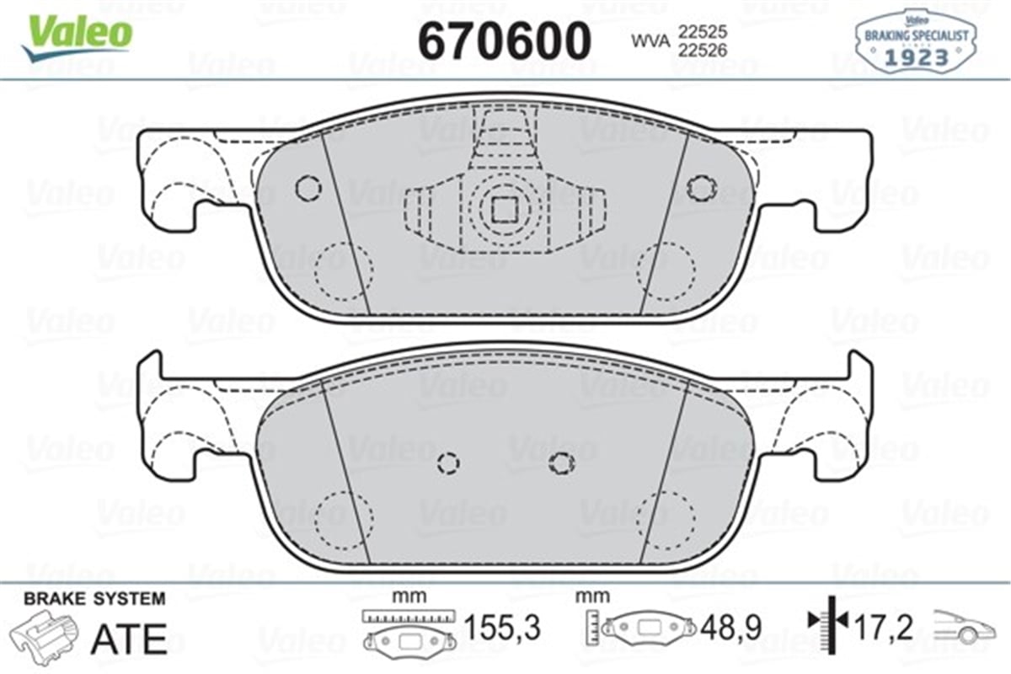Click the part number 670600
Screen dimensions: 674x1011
tap(505, 40)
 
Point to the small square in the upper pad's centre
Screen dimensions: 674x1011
tap(504, 207)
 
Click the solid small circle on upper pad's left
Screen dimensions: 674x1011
tap(307, 187)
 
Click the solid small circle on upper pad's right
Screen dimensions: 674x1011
tap(700, 187)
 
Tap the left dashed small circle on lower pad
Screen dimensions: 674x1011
tap(449, 463)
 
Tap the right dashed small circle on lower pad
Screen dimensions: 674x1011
tap(560, 461)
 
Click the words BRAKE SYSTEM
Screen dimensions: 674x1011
tap(94, 599)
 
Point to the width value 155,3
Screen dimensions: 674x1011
tap(502, 628)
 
